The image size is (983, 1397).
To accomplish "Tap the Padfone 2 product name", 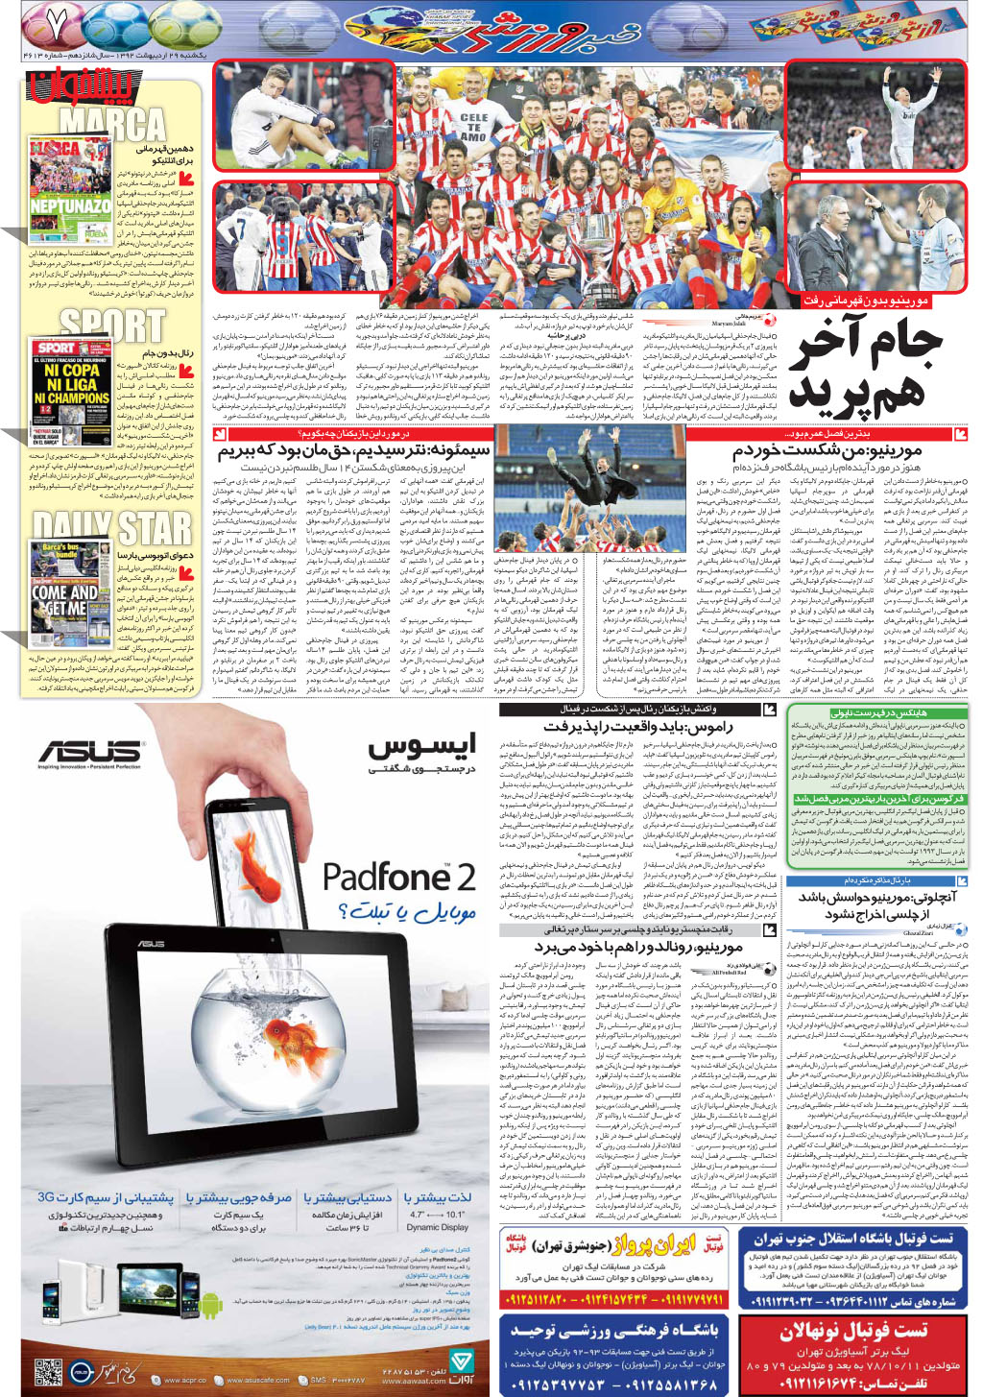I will tap(398, 876).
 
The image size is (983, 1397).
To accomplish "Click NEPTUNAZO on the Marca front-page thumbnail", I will tap(70, 205).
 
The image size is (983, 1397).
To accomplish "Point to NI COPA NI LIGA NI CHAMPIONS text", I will tap(72, 383).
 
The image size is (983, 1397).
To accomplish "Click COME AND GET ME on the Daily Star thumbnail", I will tap(63, 600).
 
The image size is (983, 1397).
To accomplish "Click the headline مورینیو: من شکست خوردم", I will tap(827, 449).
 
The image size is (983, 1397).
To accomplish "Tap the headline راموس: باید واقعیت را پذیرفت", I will tap(637, 727).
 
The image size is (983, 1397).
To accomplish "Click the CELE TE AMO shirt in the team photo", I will tap(473, 127).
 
